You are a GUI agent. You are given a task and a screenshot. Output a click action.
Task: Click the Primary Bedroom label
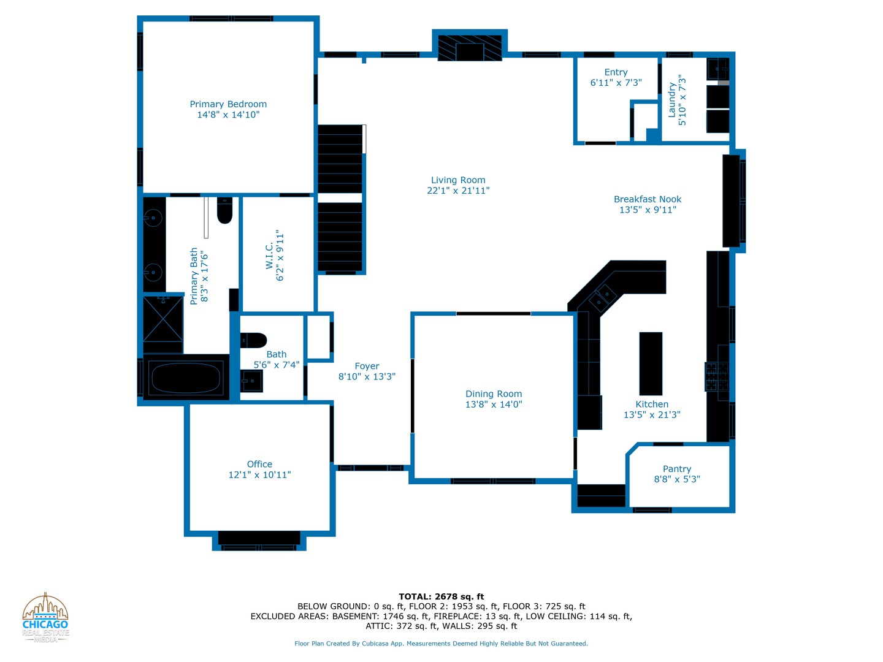click(x=228, y=104)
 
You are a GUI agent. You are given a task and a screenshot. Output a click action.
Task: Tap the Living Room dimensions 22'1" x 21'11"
click(x=458, y=191)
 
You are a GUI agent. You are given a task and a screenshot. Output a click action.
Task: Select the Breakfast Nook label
click(x=648, y=199)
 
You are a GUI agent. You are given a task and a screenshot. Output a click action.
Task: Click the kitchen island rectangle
click(x=651, y=363)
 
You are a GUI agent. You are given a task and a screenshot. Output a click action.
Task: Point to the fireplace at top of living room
click(x=470, y=48)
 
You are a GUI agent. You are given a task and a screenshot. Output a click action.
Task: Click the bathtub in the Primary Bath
click(x=186, y=378)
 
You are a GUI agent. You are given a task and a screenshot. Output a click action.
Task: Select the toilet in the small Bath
click(x=253, y=340)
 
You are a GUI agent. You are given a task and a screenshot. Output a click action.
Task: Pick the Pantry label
click(x=677, y=469)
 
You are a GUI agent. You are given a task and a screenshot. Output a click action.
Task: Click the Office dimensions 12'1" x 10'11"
click(x=259, y=475)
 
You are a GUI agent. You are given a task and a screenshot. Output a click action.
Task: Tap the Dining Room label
click(x=494, y=394)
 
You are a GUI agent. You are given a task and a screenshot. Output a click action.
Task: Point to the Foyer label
click(x=367, y=366)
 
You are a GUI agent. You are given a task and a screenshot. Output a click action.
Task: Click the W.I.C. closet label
click(x=269, y=256)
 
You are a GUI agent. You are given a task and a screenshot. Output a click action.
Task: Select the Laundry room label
click(x=672, y=101)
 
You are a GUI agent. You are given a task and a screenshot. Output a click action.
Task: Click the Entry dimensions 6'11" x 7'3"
click(x=616, y=83)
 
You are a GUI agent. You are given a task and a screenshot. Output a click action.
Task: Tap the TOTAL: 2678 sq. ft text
click(x=441, y=596)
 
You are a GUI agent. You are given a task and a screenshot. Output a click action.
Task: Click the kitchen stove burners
click(x=717, y=376)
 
